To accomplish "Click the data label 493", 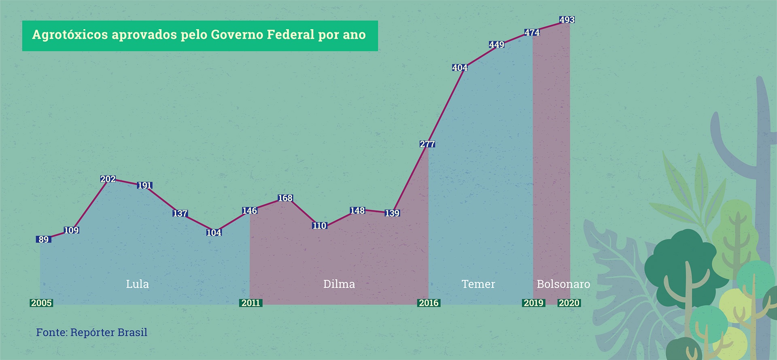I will [567, 20].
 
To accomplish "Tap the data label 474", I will [532, 33].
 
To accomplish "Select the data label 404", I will [460, 68].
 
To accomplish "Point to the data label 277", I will [427, 144].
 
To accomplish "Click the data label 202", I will [108, 179].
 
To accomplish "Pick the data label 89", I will [43, 239].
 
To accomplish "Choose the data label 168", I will [285, 198].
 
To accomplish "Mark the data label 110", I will [319, 226].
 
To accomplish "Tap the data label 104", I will [214, 233].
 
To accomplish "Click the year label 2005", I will [41, 303].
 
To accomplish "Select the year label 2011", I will [251, 303].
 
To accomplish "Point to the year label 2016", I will [429, 303].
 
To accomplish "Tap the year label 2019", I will [533, 303].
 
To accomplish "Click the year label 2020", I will [569, 303].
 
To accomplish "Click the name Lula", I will [138, 284].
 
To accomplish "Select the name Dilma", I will [339, 284].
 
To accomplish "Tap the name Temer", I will [478, 284].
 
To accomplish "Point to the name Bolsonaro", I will [563, 284].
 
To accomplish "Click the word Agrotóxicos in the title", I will [70, 35].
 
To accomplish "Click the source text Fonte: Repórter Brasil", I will [91, 332].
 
